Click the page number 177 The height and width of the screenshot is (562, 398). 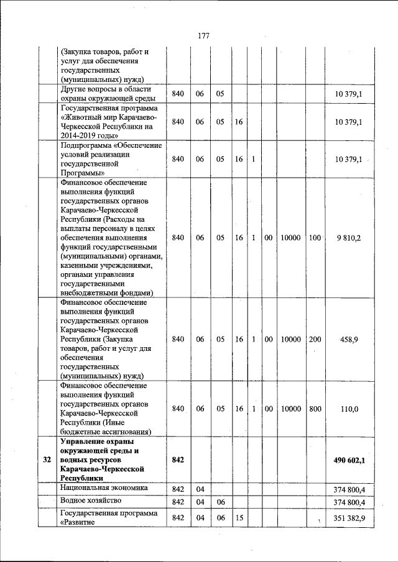pyautogui.click(x=203, y=35)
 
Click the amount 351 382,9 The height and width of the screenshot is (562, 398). pyautogui.click(x=348, y=518)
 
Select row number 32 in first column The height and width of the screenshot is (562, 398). pyautogui.click(x=47, y=460)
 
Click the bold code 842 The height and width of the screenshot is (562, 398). pyautogui.click(x=178, y=460)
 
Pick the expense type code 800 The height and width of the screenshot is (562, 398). pyautogui.click(x=315, y=409)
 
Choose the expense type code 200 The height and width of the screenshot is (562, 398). pyautogui.click(x=315, y=340)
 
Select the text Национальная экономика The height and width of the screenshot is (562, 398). pyautogui.click(x=103, y=488)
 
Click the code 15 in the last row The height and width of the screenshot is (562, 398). pyautogui.click(x=239, y=518)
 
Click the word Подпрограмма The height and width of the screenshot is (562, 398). pyautogui.click(x=86, y=145)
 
